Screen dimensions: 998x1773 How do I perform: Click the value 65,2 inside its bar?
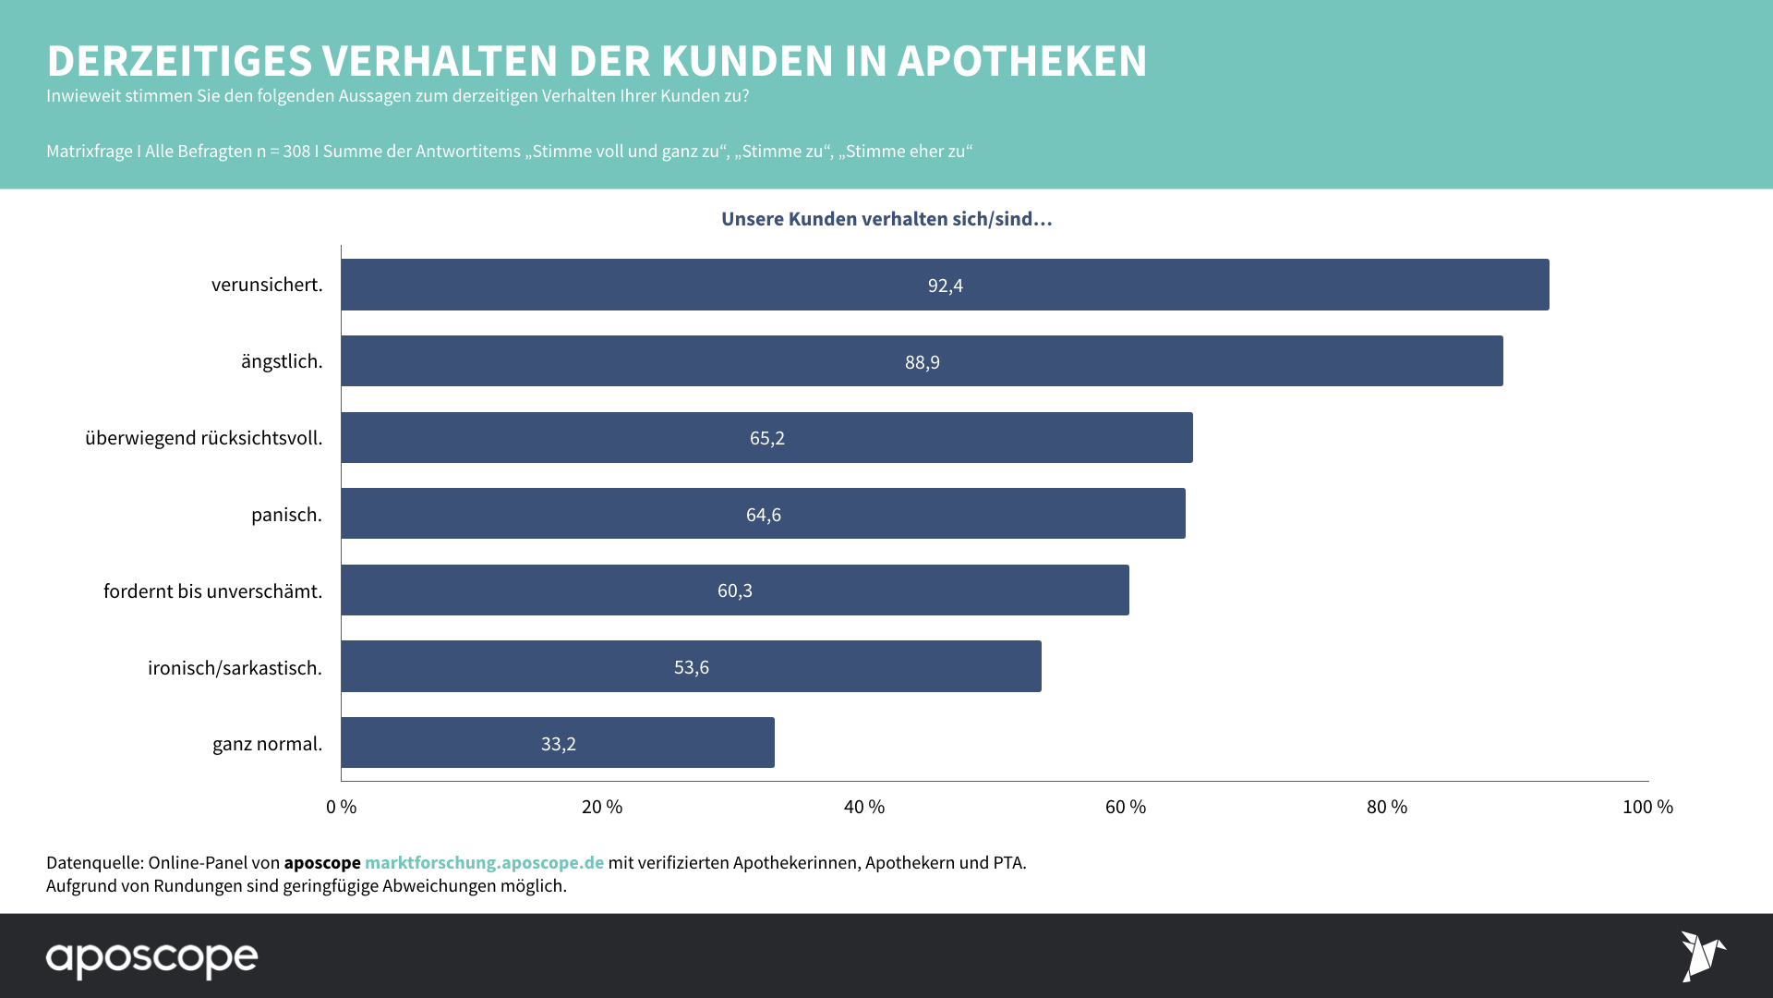point(767,438)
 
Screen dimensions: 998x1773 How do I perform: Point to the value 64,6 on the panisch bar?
point(764,515)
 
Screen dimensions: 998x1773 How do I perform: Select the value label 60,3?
point(735,590)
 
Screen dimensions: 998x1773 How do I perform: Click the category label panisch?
point(286,515)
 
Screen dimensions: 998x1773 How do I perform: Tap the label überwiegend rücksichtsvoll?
point(204,438)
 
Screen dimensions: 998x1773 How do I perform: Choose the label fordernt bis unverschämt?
point(213,591)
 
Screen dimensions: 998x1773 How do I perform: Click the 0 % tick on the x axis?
point(342,807)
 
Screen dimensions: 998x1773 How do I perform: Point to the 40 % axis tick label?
point(864,807)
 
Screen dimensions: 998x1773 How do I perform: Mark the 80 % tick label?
point(1387,807)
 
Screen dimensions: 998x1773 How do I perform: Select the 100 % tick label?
point(1647,807)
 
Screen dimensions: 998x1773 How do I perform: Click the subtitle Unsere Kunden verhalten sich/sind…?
point(886,219)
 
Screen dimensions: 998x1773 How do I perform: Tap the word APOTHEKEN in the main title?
point(1022,61)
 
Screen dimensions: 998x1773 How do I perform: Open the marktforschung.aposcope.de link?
point(484,862)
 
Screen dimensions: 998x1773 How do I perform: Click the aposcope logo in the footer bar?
point(152,958)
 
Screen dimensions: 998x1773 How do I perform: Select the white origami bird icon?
point(1702,955)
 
